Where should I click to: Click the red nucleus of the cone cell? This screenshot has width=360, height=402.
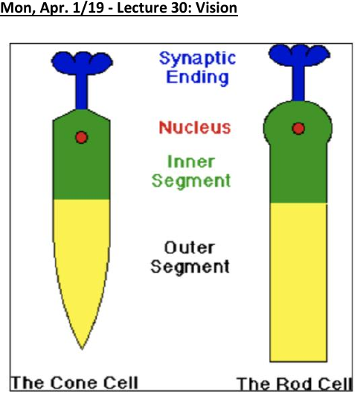[x=81, y=137]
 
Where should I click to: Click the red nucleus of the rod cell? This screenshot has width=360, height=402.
[x=298, y=129]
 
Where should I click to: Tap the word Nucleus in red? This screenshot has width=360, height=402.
[x=195, y=127]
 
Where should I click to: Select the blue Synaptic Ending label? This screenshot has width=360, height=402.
[x=197, y=68]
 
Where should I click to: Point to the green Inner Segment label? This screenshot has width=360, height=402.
[x=191, y=172]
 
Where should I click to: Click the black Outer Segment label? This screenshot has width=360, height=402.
[x=190, y=257]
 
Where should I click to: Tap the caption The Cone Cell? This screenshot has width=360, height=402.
[x=74, y=383]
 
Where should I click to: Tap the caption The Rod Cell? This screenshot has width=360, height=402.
[x=295, y=384]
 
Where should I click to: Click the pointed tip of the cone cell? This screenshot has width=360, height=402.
[x=82, y=349]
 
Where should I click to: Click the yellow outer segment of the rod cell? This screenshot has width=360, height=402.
[x=298, y=282]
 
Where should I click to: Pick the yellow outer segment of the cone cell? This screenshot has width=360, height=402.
[x=82, y=251]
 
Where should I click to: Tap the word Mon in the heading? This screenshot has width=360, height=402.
[x=17, y=8]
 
